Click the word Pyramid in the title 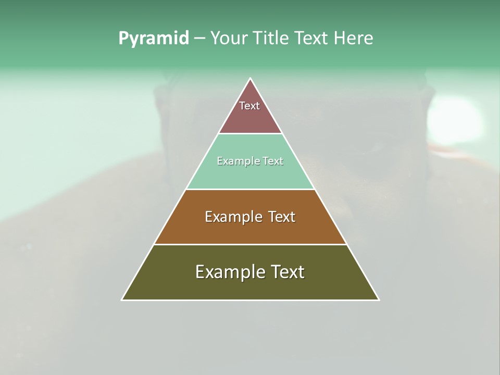tap(153, 38)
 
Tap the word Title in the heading tap(274, 38)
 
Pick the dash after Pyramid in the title tap(199, 39)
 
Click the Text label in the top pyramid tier tap(249, 106)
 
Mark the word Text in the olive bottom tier tap(287, 272)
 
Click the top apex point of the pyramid tap(251, 79)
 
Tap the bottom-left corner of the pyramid tap(122, 299)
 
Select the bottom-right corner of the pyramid tap(379, 299)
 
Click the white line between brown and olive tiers tap(251, 244)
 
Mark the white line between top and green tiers tap(251, 134)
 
